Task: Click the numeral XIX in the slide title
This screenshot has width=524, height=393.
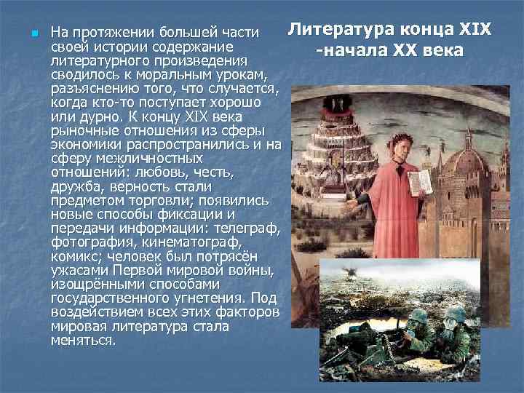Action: tap(475, 31)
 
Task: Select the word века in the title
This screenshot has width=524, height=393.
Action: tap(438, 52)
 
